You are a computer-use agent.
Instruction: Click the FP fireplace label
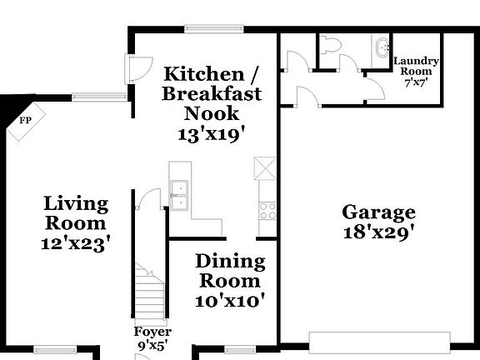(25, 121)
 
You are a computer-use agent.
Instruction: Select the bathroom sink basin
(382, 47)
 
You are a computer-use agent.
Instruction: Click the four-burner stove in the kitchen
(267, 211)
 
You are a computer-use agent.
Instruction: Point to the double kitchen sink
(179, 195)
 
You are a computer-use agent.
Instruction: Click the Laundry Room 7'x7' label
(416, 72)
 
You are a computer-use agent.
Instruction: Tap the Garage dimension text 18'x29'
(379, 232)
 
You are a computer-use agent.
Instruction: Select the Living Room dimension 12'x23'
(76, 243)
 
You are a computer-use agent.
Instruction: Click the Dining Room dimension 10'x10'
(230, 301)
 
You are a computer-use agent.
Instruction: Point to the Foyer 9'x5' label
(152, 338)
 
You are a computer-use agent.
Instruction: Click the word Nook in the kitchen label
(211, 113)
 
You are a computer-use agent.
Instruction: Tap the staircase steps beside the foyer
(150, 292)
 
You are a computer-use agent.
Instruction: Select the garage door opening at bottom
(380, 342)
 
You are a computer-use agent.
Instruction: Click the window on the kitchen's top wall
(214, 29)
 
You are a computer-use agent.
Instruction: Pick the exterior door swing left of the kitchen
(139, 68)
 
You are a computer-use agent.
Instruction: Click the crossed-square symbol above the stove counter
(265, 168)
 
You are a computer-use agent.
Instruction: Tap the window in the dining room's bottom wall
(240, 349)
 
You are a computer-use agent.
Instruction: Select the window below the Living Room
(55, 349)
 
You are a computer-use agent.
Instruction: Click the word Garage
(378, 213)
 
